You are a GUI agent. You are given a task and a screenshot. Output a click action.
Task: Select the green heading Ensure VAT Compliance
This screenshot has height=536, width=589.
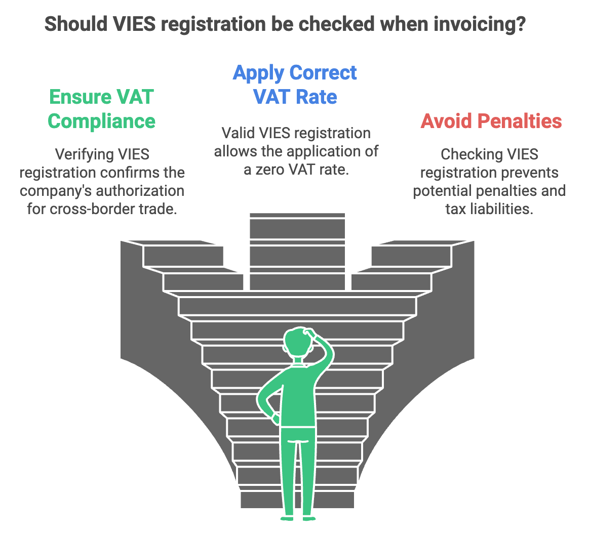click(101, 109)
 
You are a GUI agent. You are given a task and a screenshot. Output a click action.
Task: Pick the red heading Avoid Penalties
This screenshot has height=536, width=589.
click(491, 121)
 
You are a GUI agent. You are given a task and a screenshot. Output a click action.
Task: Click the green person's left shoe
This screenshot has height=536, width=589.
click(287, 517)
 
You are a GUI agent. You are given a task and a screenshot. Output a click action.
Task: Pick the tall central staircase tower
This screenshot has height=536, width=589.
click(297, 251)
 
